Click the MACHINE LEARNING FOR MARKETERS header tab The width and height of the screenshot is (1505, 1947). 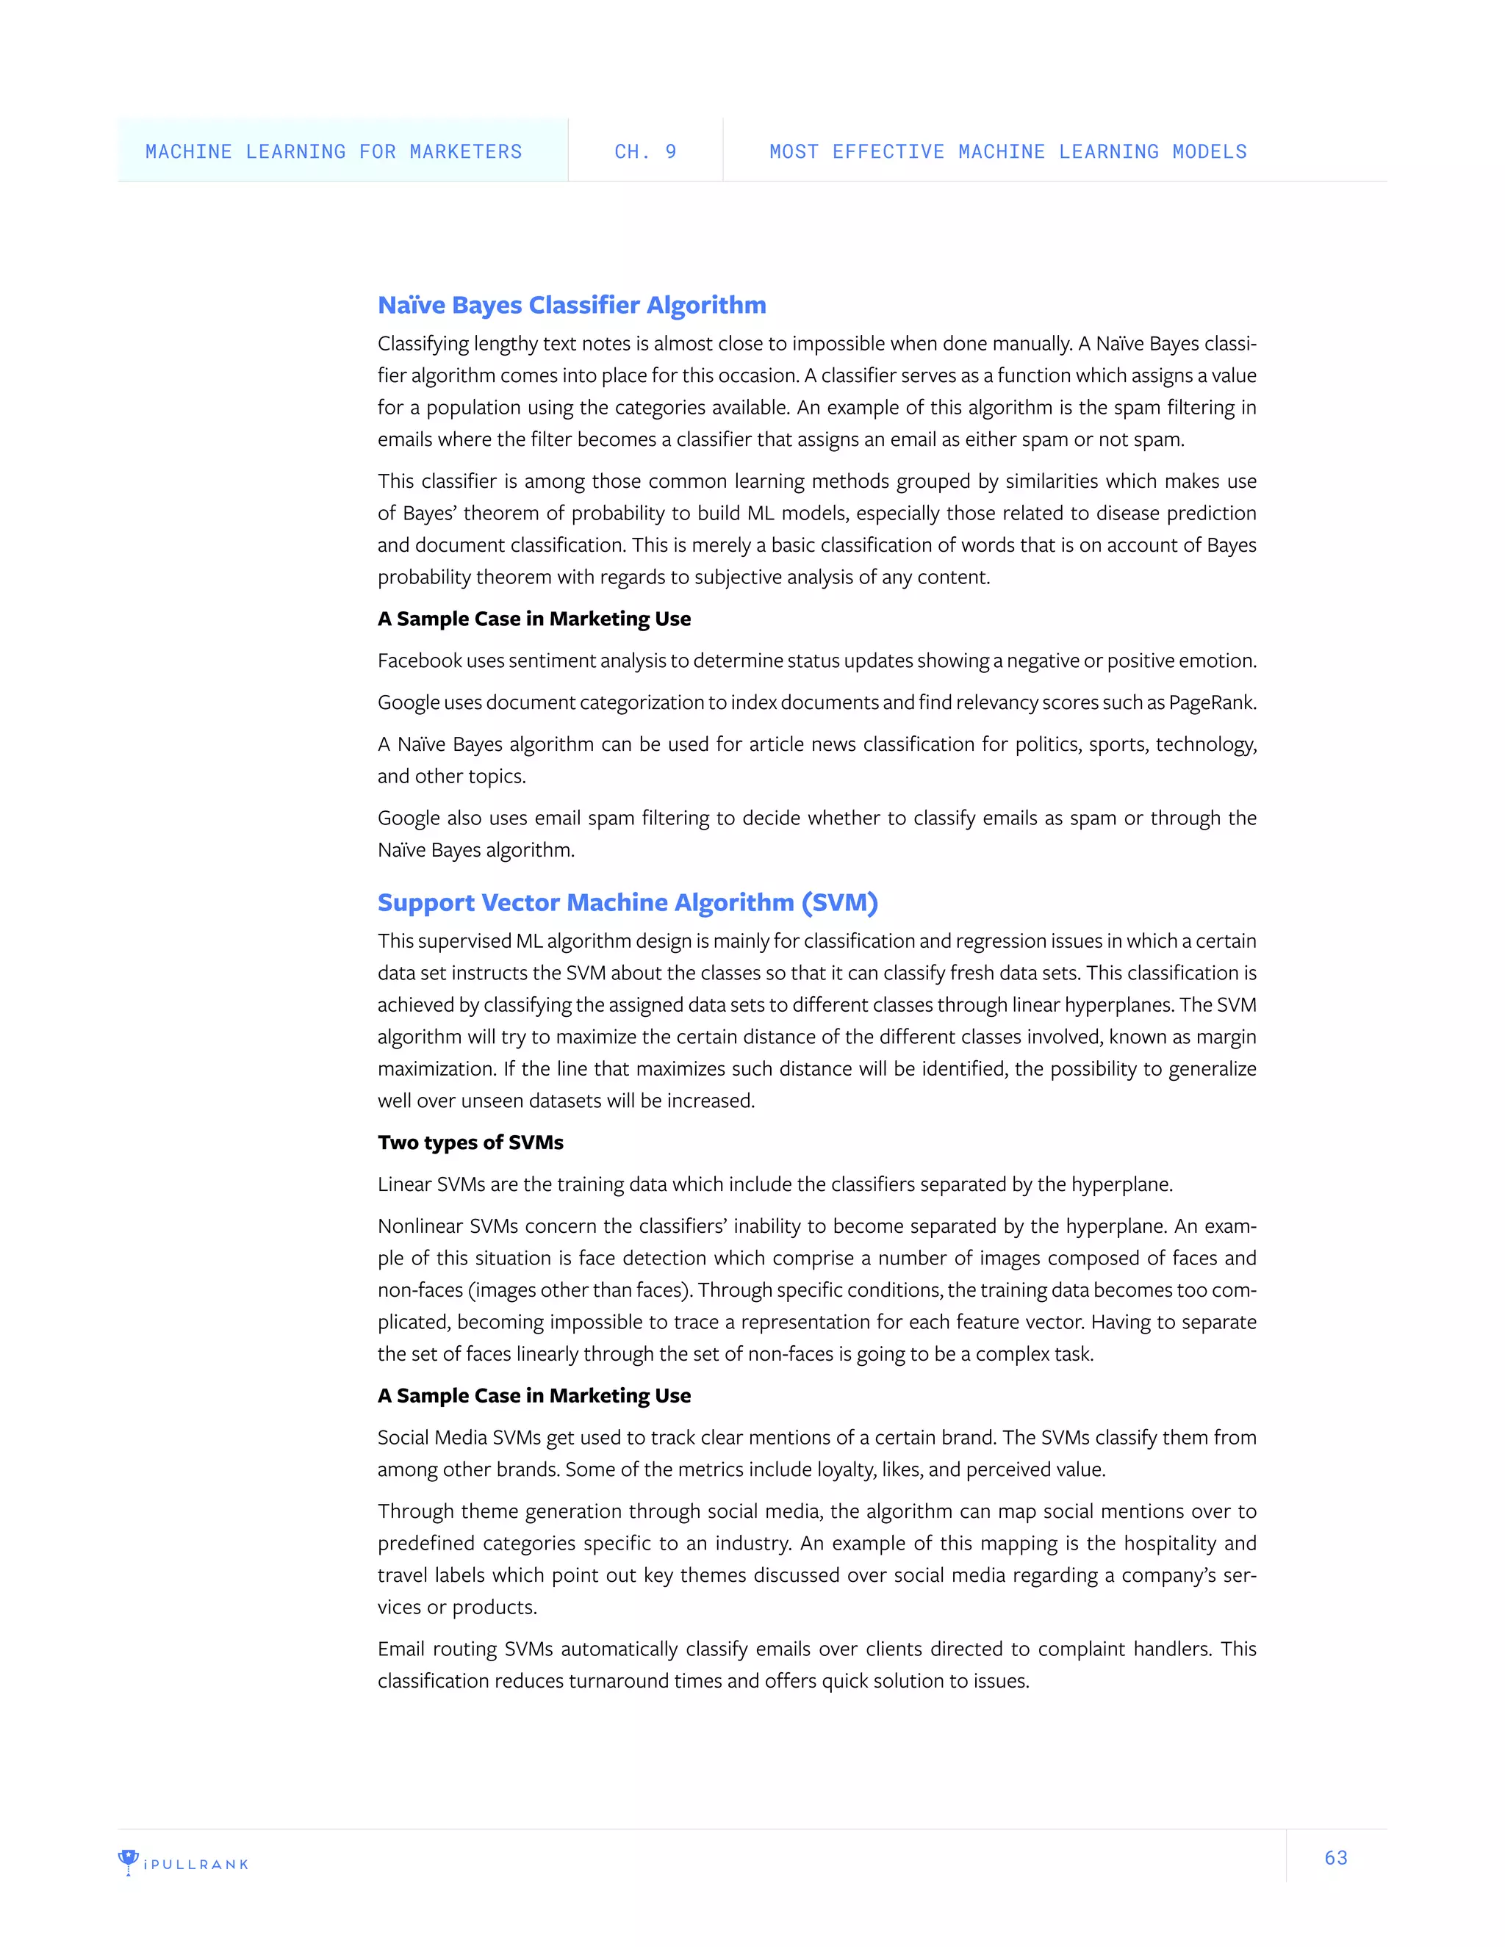[x=334, y=151]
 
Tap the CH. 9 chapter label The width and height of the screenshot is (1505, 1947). [x=644, y=151]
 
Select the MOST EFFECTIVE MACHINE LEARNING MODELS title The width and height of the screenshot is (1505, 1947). [x=1007, y=151]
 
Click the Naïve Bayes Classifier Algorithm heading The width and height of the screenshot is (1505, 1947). [x=572, y=305]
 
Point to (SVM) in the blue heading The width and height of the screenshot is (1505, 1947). [x=839, y=902]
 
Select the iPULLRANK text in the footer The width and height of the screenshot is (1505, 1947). [x=196, y=1864]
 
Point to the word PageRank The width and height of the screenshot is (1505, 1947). [x=1212, y=702]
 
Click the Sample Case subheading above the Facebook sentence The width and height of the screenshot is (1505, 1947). [x=534, y=619]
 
